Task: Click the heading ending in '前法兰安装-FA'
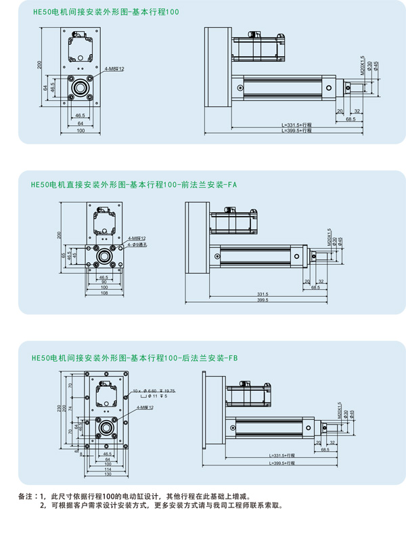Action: pos(133,184)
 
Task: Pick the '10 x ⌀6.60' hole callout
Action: pos(144,391)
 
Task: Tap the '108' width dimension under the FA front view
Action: pos(104,293)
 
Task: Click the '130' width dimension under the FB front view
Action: pos(108,474)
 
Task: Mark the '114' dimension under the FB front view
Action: pos(108,469)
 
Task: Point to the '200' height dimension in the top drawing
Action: pos(40,65)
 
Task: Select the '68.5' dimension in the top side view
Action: pos(351,119)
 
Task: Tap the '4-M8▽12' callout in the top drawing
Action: pos(114,69)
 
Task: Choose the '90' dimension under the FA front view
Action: pos(104,282)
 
